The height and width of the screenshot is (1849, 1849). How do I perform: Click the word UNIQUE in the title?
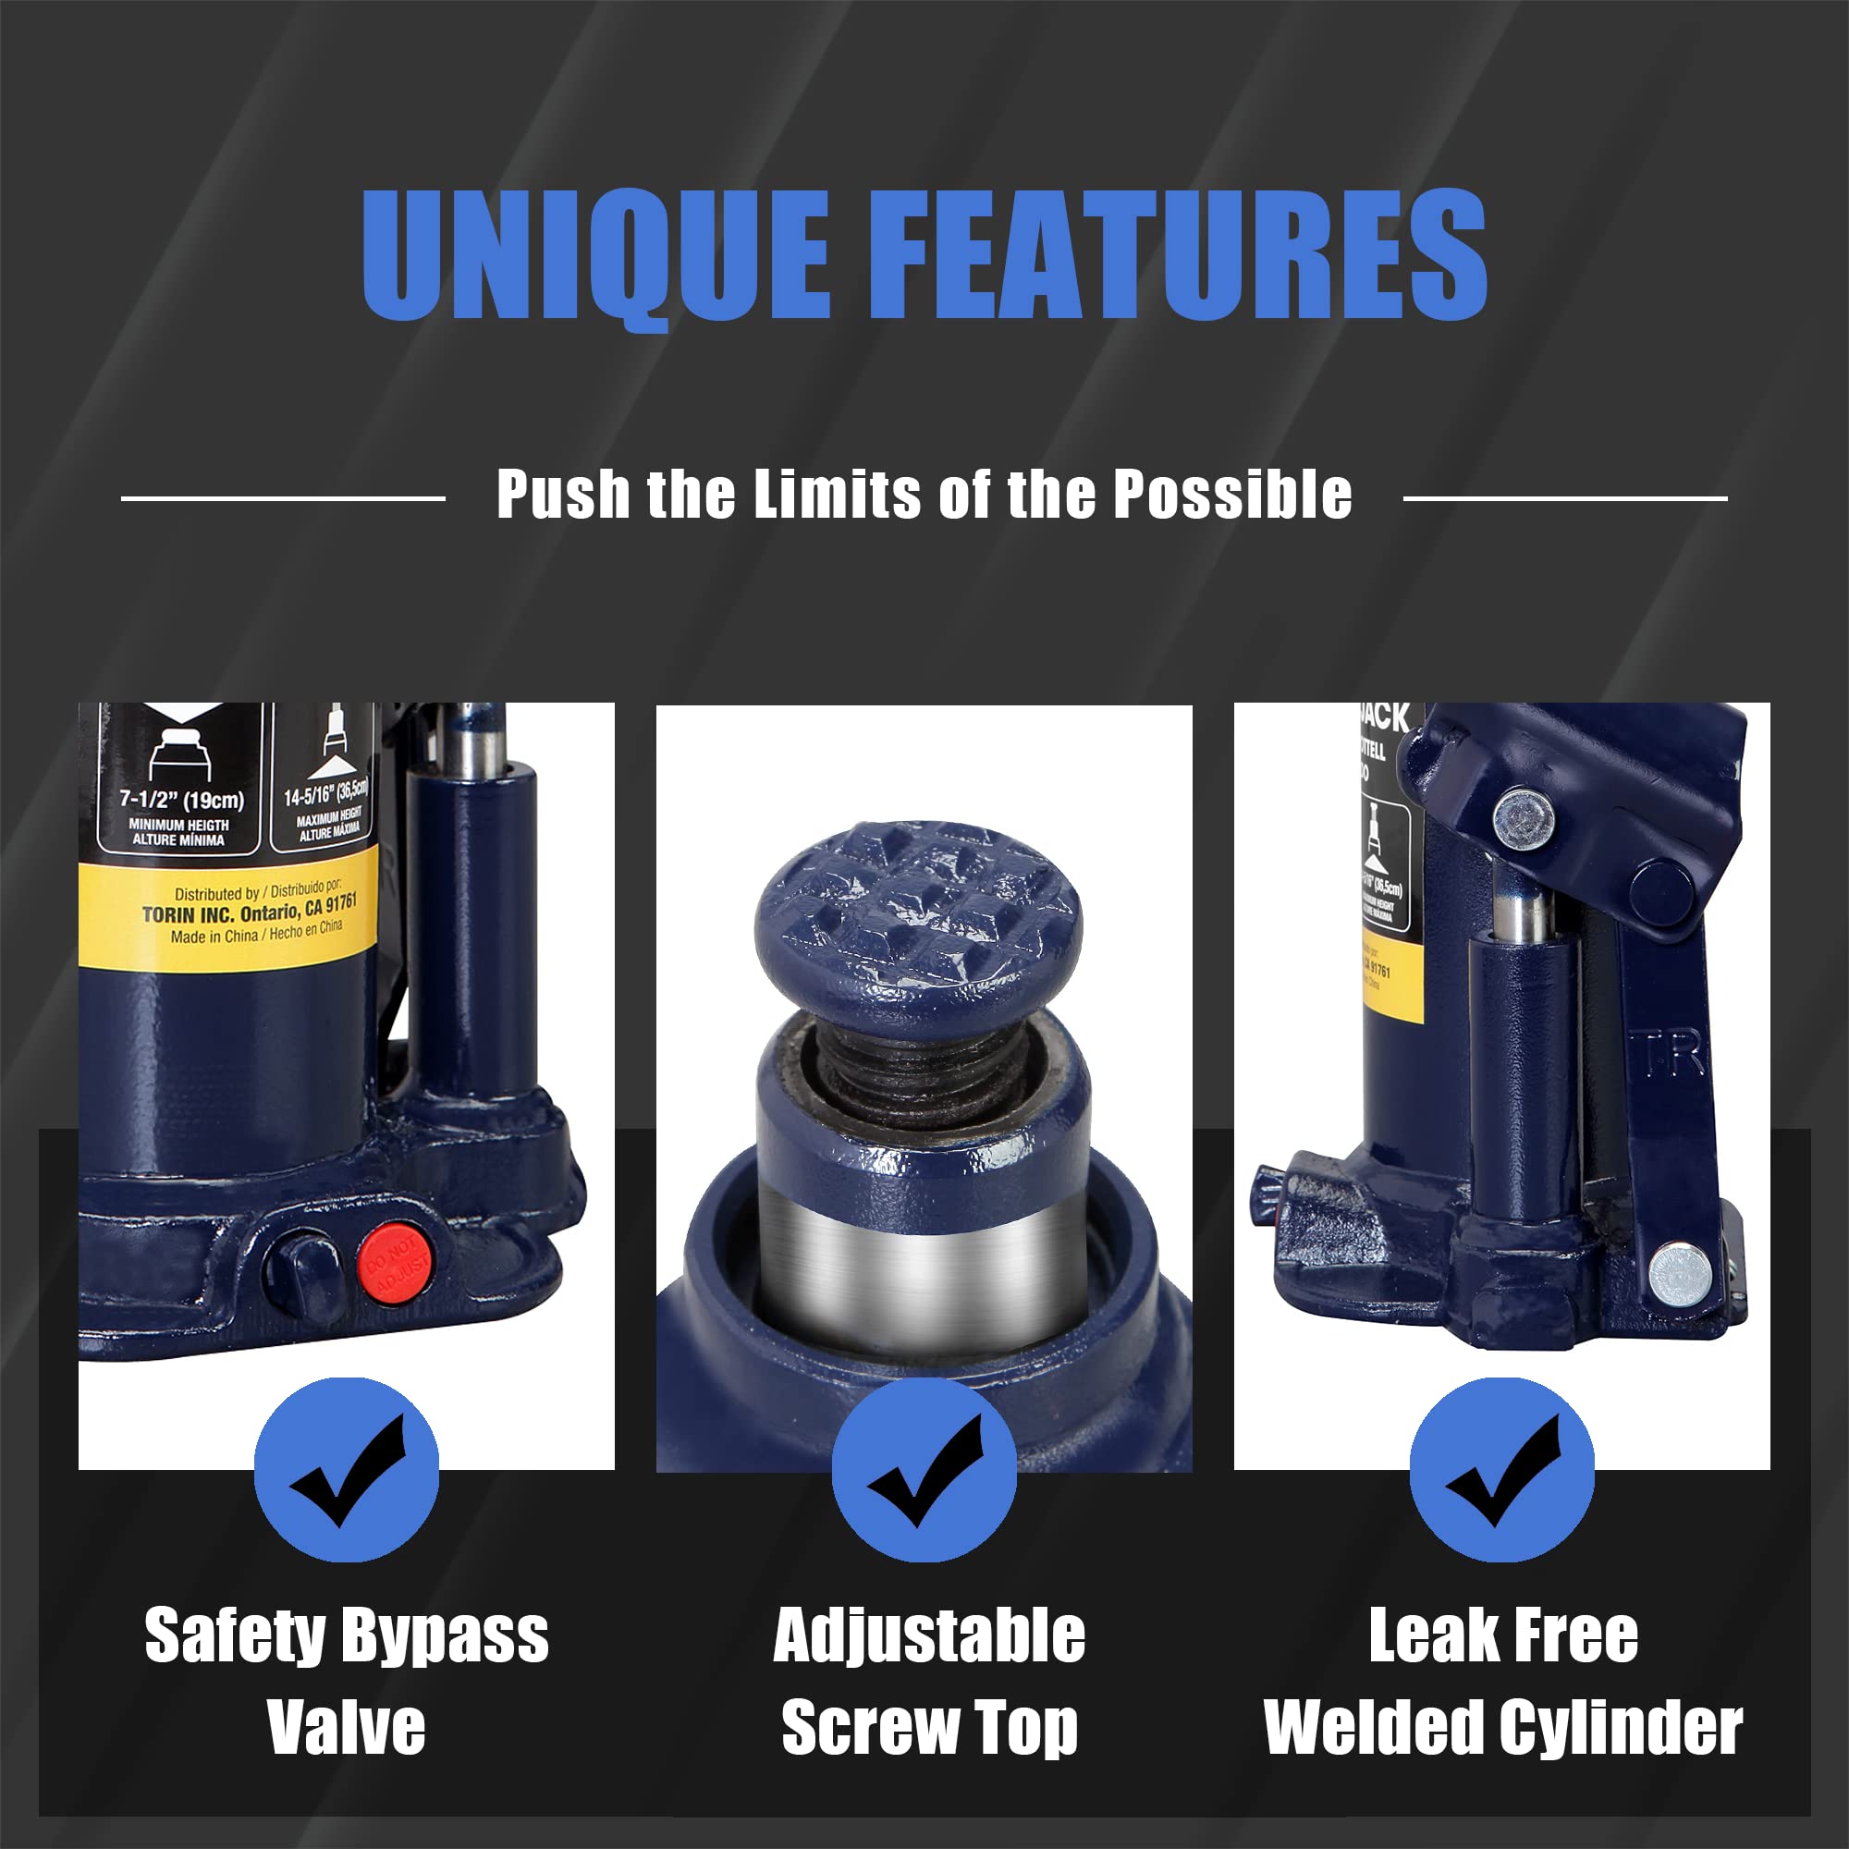pos(594,252)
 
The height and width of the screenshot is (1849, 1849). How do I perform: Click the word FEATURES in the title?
pos(1178,252)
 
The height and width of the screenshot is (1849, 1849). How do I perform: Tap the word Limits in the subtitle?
pos(839,495)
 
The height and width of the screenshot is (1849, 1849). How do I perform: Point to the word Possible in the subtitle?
pos(1233,495)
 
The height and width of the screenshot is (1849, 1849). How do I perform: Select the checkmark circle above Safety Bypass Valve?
pos(347,1470)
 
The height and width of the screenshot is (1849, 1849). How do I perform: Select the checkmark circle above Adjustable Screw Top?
pos(924,1470)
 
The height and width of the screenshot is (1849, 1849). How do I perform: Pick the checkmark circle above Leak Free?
pos(1501,1470)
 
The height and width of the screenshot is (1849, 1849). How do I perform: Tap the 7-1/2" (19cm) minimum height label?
pos(182,799)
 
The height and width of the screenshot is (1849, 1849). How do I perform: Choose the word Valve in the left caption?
pos(347,1728)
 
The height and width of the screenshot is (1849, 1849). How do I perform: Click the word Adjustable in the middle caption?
pos(928,1635)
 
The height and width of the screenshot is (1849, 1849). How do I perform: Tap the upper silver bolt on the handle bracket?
pos(1525,818)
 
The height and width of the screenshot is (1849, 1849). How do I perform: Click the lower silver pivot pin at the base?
pos(1681,1275)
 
